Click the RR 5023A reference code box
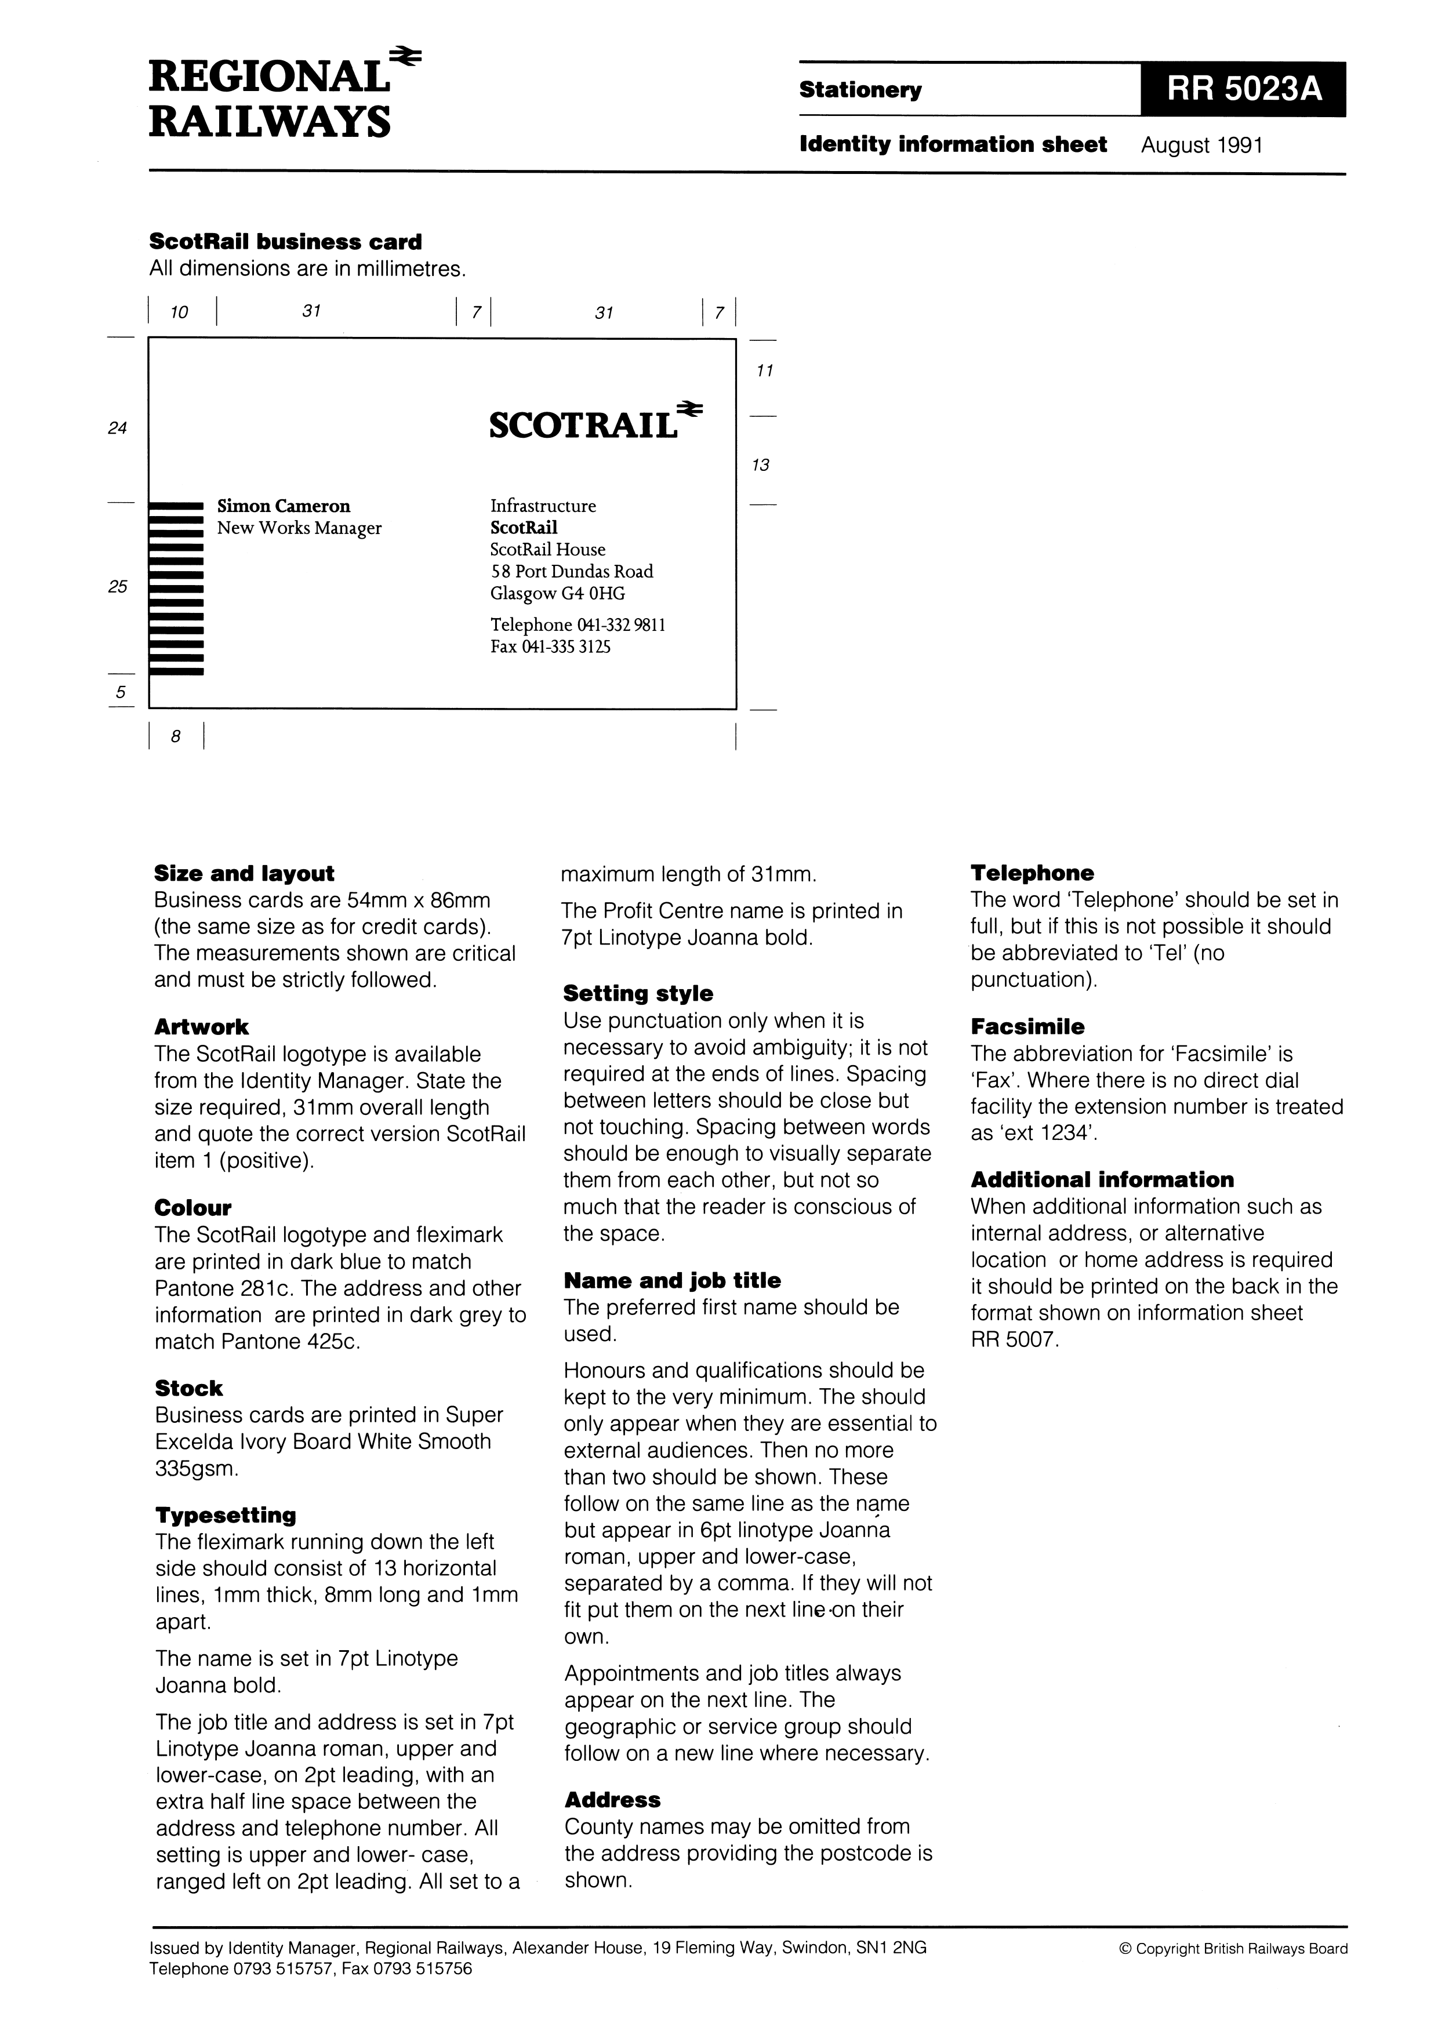tap(1243, 89)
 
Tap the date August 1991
tap(1201, 146)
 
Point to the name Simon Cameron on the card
tap(284, 507)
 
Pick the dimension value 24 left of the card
tap(117, 428)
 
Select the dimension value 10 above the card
tap(179, 312)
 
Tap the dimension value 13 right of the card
tap(760, 465)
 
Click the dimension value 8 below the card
tap(176, 736)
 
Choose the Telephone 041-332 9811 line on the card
tap(578, 626)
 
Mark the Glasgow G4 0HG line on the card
tap(557, 594)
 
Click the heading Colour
tap(193, 1208)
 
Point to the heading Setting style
tap(638, 994)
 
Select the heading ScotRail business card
tap(285, 242)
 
